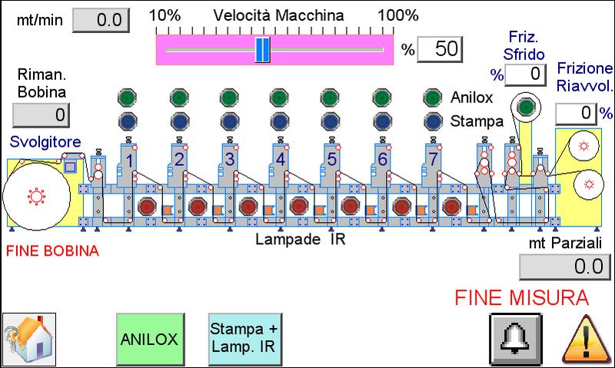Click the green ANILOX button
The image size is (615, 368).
click(x=151, y=339)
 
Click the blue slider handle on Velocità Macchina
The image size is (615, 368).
click(x=262, y=49)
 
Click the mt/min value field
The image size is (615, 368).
click(x=102, y=20)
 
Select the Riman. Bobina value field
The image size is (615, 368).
click(x=41, y=115)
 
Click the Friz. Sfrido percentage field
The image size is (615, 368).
click(x=525, y=74)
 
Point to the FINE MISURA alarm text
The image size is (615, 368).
click(x=521, y=297)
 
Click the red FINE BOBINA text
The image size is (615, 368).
click(x=53, y=251)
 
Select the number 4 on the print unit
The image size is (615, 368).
click(x=281, y=160)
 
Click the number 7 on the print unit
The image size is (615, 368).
click(x=433, y=160)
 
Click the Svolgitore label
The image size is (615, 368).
click(x=39, y=142)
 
